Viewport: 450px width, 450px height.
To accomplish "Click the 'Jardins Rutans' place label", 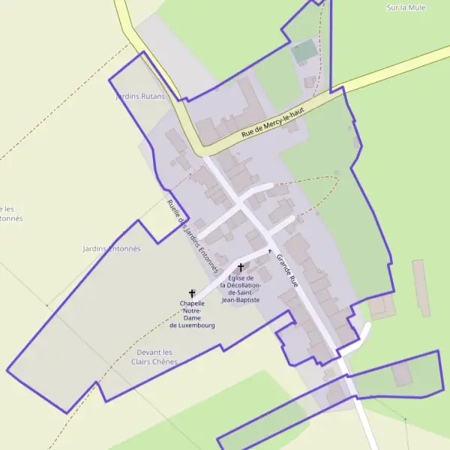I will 139,97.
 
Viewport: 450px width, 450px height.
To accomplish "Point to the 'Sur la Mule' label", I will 405,7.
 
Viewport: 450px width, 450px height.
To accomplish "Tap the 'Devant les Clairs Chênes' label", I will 154,357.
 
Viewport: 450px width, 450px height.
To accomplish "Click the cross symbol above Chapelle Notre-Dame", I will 192,293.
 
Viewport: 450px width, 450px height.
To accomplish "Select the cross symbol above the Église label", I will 240,267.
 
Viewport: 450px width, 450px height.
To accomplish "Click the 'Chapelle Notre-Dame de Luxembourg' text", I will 192,314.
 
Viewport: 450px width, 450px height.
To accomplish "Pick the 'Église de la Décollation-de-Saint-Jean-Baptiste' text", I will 240,288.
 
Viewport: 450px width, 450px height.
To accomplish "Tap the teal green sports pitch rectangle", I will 304,52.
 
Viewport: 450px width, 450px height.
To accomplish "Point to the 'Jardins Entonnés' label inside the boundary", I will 112,248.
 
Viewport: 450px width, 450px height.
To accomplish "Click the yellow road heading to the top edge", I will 124,15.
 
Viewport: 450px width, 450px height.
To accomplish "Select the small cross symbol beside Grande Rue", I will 270,250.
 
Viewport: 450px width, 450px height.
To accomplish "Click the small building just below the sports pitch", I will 310,81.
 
